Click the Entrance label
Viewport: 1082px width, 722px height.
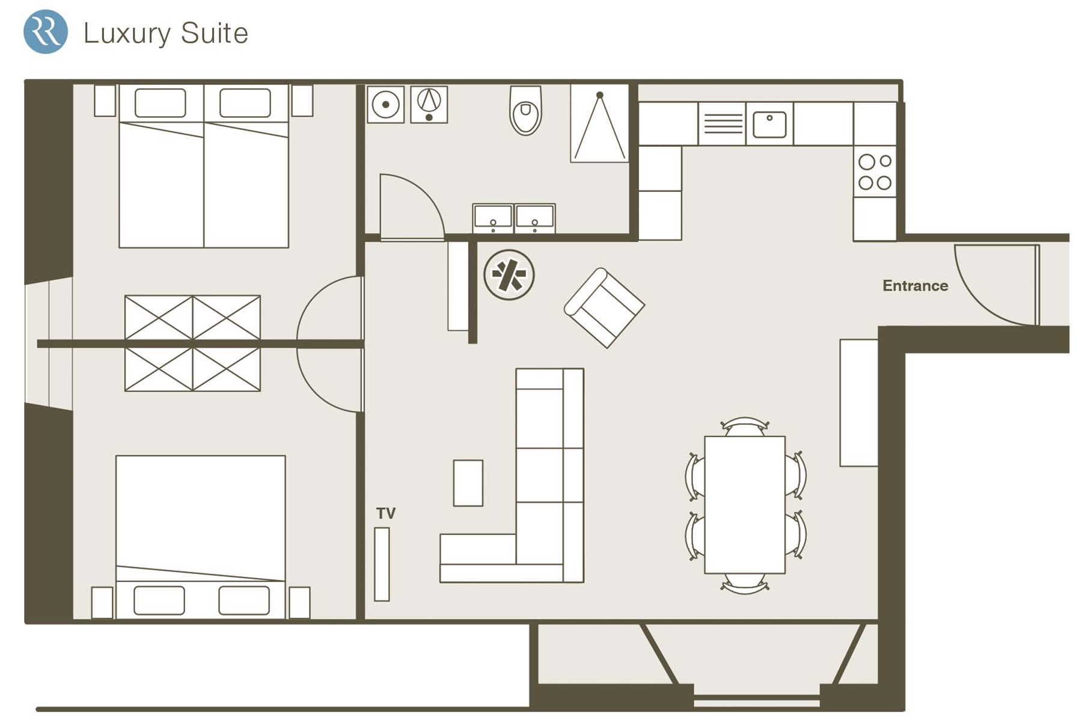click(915, 286)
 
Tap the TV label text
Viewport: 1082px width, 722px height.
click(386, 513)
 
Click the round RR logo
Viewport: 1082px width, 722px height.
click(46, 32)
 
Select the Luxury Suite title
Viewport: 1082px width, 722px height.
click(165, 33)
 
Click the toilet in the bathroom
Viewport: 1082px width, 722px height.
click(525, 111)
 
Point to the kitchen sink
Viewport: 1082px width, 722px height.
click(769, 124)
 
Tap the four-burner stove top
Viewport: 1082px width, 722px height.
click(875, 171)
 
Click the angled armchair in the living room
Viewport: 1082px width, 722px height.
click(604, 308)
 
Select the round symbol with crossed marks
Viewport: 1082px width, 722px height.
click(509, 275)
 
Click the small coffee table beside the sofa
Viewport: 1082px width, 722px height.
click(468, 483)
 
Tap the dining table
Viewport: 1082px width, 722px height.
click(745, 504)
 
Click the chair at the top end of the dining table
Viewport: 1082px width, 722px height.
click(745, 427)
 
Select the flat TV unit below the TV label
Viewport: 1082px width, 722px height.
click(382, 564)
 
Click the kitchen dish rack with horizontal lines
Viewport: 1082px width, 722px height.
click(723, 123)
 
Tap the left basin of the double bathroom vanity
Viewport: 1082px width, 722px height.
click(493, 218)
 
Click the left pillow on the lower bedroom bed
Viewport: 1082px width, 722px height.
click(159, 600)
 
